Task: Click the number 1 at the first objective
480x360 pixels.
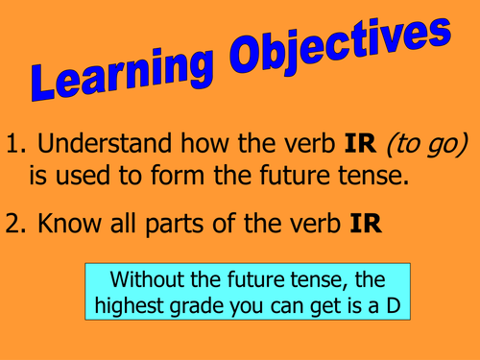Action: [x=13, y=145]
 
